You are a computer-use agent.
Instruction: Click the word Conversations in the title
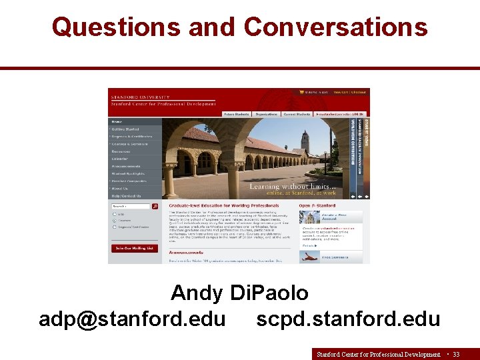(x=335, y=27)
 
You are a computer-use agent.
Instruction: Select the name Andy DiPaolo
(x=239, y=293)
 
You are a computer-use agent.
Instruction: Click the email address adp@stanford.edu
(x=132, y=319)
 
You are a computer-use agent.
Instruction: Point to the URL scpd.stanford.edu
(x=348, y=319)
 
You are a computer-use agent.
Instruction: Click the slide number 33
(x=456, y=354)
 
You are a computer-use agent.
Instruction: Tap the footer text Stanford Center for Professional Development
(x=378, y=354)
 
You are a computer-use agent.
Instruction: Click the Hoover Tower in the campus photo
(x=305, y=141)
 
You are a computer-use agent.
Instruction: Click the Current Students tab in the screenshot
(x=297, y=114)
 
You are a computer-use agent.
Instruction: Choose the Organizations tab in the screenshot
(x=266, y=114)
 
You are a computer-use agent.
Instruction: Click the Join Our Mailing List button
(x=134, y=248)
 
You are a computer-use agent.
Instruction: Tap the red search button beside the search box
(x=155, y=207)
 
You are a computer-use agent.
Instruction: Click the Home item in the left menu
(x=117, y=122)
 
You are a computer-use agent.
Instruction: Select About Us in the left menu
(x=121, y=188)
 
